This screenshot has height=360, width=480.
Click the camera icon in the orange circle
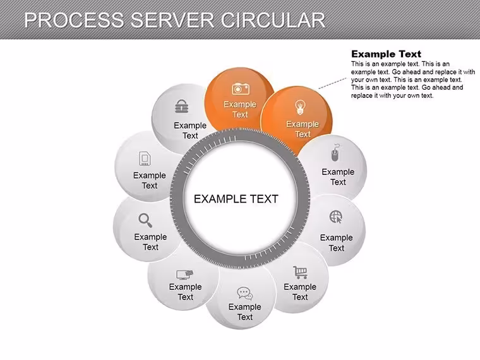[x=240, y=88]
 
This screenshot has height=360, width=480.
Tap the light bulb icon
[x=300, y=107]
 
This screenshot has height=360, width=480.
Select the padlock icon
[x=181, y=106]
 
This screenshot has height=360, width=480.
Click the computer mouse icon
[x=335, y=153]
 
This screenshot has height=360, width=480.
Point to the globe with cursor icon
[x=336, y=217]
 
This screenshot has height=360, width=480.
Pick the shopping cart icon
[x=300, y=272]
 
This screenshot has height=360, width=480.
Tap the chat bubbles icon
[x=245, y=293]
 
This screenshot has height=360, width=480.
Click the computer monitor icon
[x=185, y=275]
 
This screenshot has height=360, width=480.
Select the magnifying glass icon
[x=145, y=220]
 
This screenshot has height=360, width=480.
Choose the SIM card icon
[x=145, y=159]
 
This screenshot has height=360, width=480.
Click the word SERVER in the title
[x=172, y=20]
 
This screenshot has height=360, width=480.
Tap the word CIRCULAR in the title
[x=273, y=20]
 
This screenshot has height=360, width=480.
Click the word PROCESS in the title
[x=74, y=20]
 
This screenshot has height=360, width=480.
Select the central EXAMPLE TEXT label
[x=236, y=199]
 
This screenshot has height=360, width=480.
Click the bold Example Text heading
[x=387, y=54]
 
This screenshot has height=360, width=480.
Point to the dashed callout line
[x=332, y=83]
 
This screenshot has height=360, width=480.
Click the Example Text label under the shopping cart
[x=300, y=292]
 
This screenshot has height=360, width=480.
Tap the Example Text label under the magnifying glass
[x=150, y=242]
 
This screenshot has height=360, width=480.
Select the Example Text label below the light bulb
[x=303, y=129]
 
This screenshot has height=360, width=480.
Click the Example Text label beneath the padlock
[x=190, y=130]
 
